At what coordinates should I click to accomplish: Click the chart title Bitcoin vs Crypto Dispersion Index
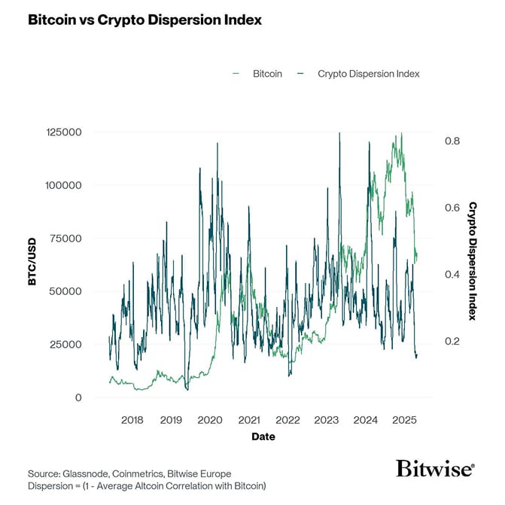(145, 20)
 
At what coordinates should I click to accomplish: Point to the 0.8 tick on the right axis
(451, 141)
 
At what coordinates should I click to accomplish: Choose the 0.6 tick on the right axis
(451, 208)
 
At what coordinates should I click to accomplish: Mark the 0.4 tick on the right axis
(451, 274)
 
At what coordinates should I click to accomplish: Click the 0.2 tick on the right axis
(451, 341)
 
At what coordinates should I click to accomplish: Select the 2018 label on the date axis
(132, 419)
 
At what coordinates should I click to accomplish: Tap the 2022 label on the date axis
(287, 419)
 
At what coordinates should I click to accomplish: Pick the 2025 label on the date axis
(404, 419)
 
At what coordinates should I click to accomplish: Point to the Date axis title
(263, 437)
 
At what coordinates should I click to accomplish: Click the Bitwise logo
(435, 469)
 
